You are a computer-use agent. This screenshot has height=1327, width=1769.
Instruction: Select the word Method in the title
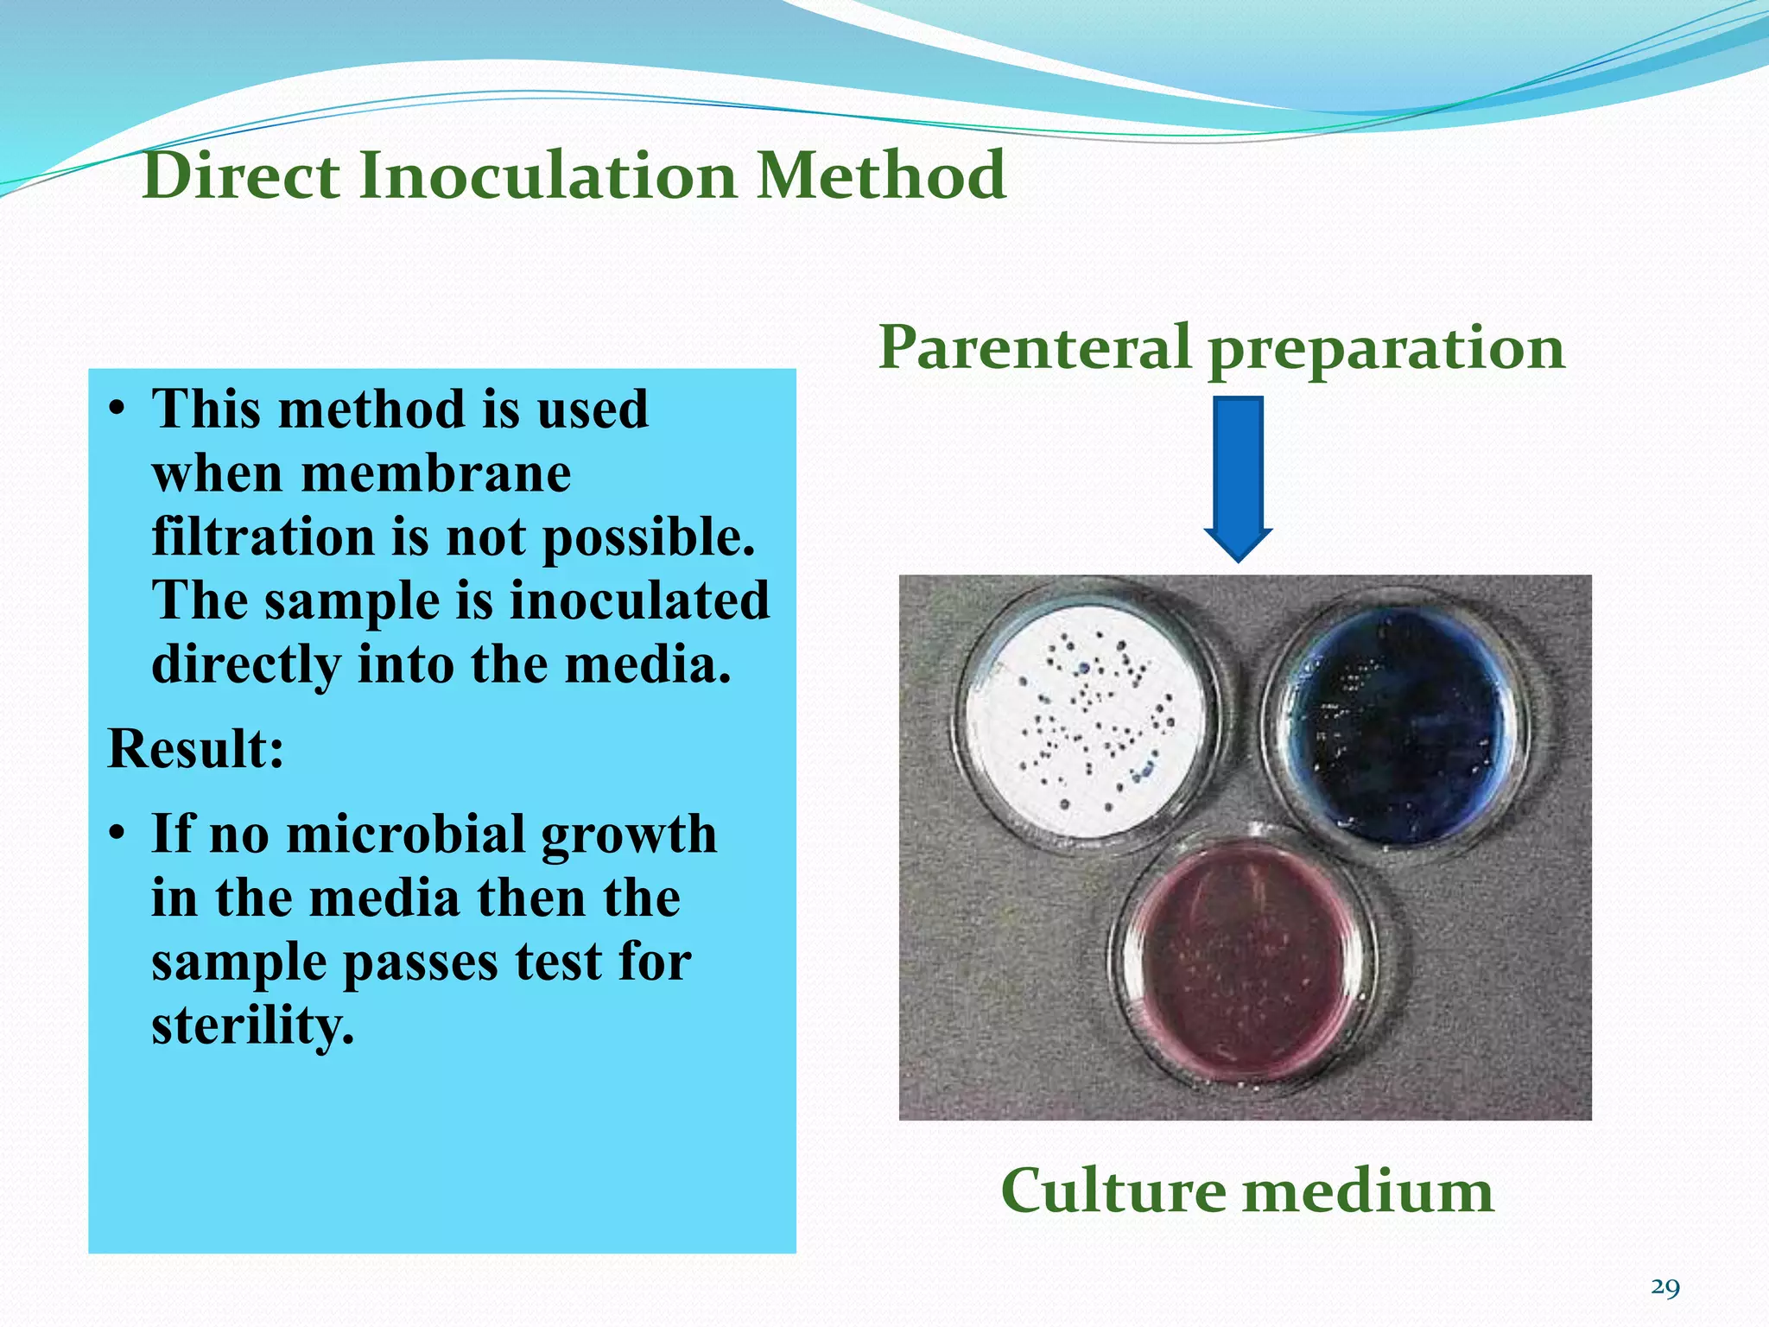(881, 175)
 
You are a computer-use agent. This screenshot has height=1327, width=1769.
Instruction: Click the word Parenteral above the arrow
(1035, 347)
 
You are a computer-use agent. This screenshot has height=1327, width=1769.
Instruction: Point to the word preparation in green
(1386, 350)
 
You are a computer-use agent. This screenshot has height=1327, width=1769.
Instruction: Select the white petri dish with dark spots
(1085, 721)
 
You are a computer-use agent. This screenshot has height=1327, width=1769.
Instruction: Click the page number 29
(1664, 1288)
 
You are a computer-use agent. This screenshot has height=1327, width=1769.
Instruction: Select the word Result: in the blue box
(195, 748)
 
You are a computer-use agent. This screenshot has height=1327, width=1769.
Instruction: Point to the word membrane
(435, 473)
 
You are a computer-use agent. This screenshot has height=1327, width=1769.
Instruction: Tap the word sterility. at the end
(252, 1025)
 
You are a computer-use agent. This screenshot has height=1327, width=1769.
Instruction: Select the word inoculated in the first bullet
(639, 600)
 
